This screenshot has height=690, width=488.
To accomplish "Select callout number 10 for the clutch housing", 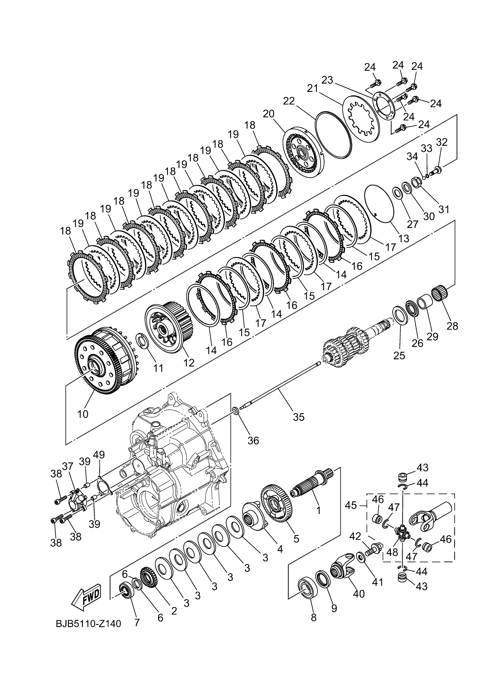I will point(83,414).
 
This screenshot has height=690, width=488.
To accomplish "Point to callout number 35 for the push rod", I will point(299,417).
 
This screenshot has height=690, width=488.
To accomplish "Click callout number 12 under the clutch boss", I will point(189,363).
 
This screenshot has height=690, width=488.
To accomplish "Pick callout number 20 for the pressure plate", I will point(268,114).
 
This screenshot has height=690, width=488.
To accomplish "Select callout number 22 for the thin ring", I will point(289,101).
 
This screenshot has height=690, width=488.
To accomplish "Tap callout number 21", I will point(313,89).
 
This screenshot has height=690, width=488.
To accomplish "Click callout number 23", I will point(328,80).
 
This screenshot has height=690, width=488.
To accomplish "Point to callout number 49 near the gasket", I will point(99,463).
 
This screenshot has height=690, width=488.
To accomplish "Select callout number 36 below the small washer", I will point(253,440).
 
